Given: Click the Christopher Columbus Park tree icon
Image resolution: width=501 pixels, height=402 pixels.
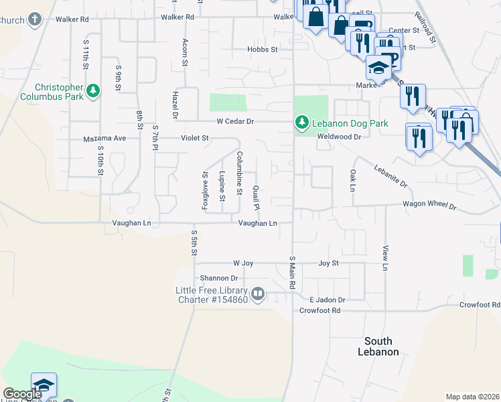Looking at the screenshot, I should coord(94,90).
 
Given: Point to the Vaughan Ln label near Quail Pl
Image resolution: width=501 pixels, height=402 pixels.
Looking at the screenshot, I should coord(255,223).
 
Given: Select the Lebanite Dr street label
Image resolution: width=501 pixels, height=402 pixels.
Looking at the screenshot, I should coord(390,176).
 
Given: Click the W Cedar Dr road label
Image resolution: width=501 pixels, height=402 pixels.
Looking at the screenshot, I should coord(235,121).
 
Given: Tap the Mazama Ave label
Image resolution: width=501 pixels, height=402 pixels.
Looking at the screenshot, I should coord(104,139).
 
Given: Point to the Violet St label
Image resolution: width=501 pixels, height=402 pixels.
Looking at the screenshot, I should coord(195,138).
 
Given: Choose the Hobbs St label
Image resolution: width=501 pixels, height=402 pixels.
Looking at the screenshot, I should coord(262,50).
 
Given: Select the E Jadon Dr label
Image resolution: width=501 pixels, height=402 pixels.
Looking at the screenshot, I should coord(327,300).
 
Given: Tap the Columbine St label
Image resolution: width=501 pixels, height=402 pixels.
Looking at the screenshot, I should coord(239,172).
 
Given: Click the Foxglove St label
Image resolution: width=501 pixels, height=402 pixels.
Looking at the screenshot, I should coord(206,190).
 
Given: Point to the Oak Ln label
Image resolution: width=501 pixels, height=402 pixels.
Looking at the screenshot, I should coord(352,179).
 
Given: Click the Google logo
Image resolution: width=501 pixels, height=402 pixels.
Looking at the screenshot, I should coord(23,394).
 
